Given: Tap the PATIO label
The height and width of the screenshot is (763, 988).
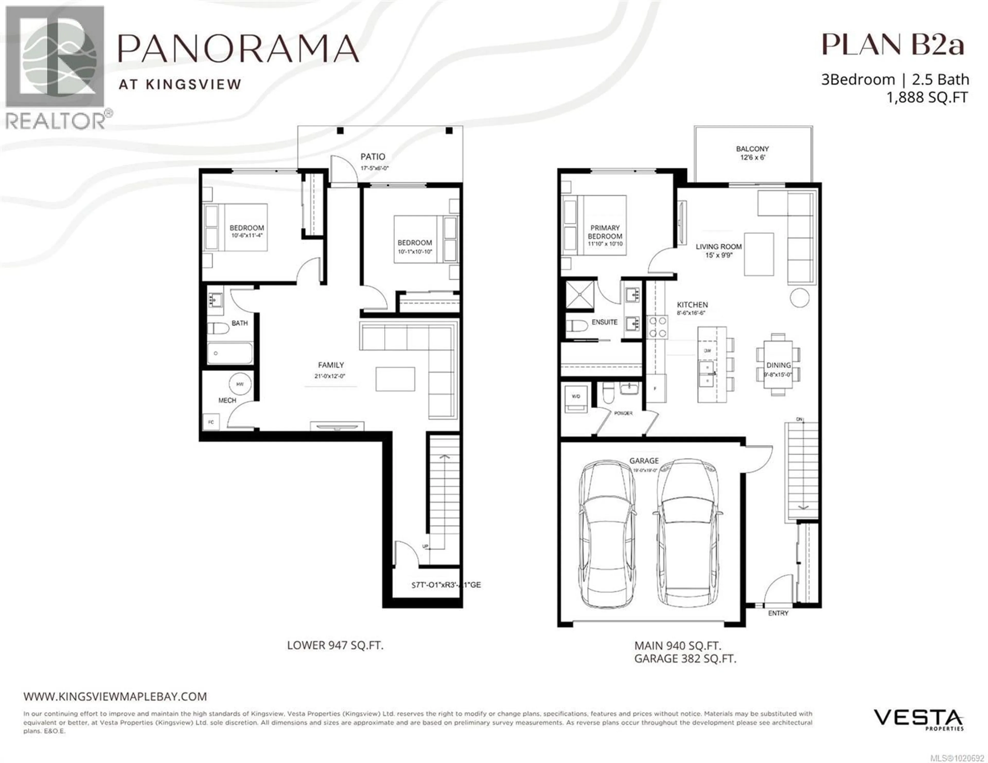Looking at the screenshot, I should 373,157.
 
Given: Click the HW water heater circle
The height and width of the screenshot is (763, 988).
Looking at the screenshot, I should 240,384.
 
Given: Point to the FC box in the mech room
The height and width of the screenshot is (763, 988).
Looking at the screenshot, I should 211,422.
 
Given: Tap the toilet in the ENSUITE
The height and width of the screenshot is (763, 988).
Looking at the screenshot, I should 576,326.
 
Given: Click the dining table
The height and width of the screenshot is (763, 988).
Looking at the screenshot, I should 778,365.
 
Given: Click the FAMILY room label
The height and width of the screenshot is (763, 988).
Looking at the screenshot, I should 331,365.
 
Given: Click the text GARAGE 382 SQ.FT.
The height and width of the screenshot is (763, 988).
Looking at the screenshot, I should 685,659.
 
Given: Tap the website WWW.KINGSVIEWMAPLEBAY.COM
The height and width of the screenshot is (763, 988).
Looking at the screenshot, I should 115,696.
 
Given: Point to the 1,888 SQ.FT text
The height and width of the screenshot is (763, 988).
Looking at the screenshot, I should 927,97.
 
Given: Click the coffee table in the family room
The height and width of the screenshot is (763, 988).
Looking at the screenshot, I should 395,379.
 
